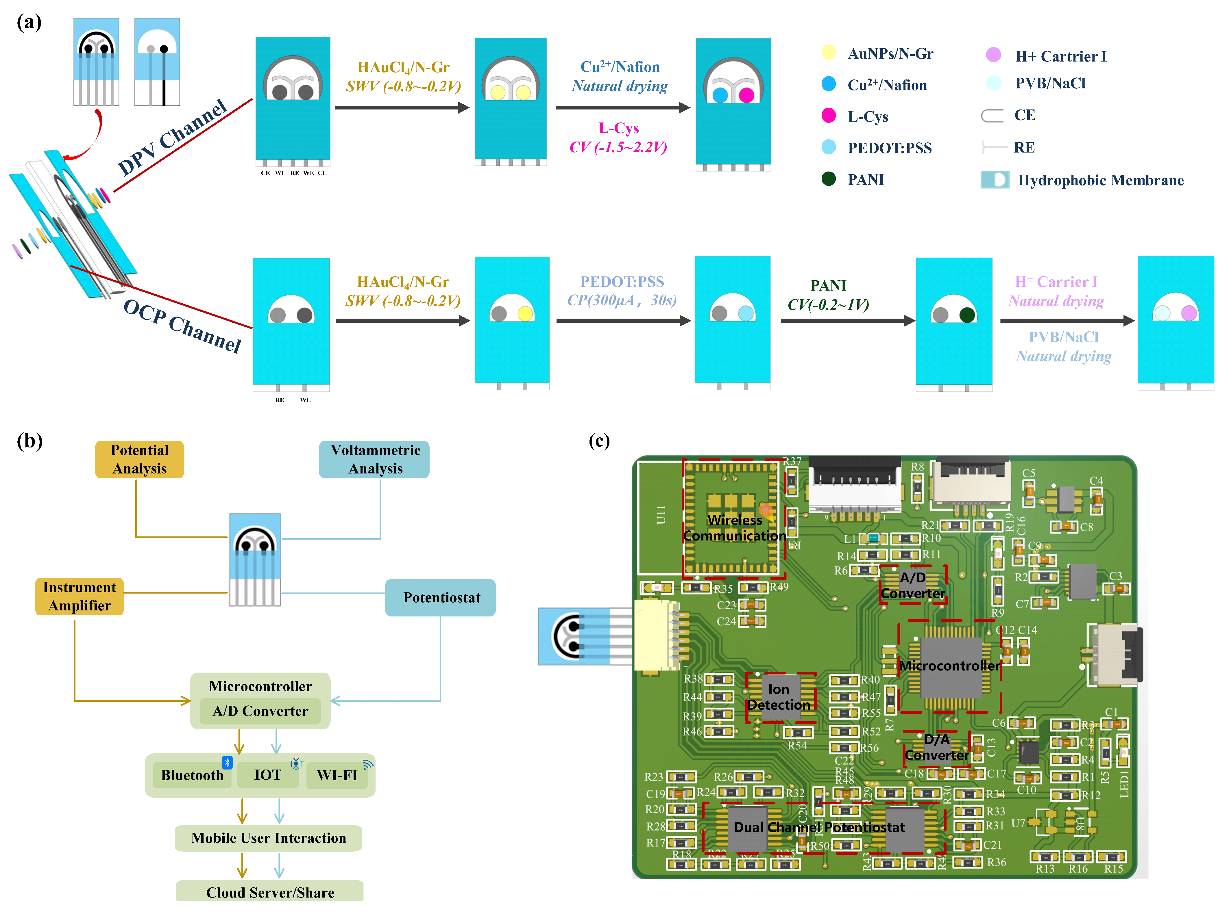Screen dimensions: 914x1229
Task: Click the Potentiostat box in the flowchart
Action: [x=441, y=597]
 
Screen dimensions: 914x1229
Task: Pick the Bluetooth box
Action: [x=192, y=775]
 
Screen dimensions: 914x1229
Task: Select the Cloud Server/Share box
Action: [x=270, y=892]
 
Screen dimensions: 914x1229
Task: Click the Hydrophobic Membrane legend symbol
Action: [x=995, y=180]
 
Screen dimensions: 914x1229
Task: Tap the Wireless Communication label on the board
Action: [x=735, y=528]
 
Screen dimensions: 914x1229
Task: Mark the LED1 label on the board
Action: [x=1124, y=786]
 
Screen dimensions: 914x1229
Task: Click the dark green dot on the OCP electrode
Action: [x=967, y=315]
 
